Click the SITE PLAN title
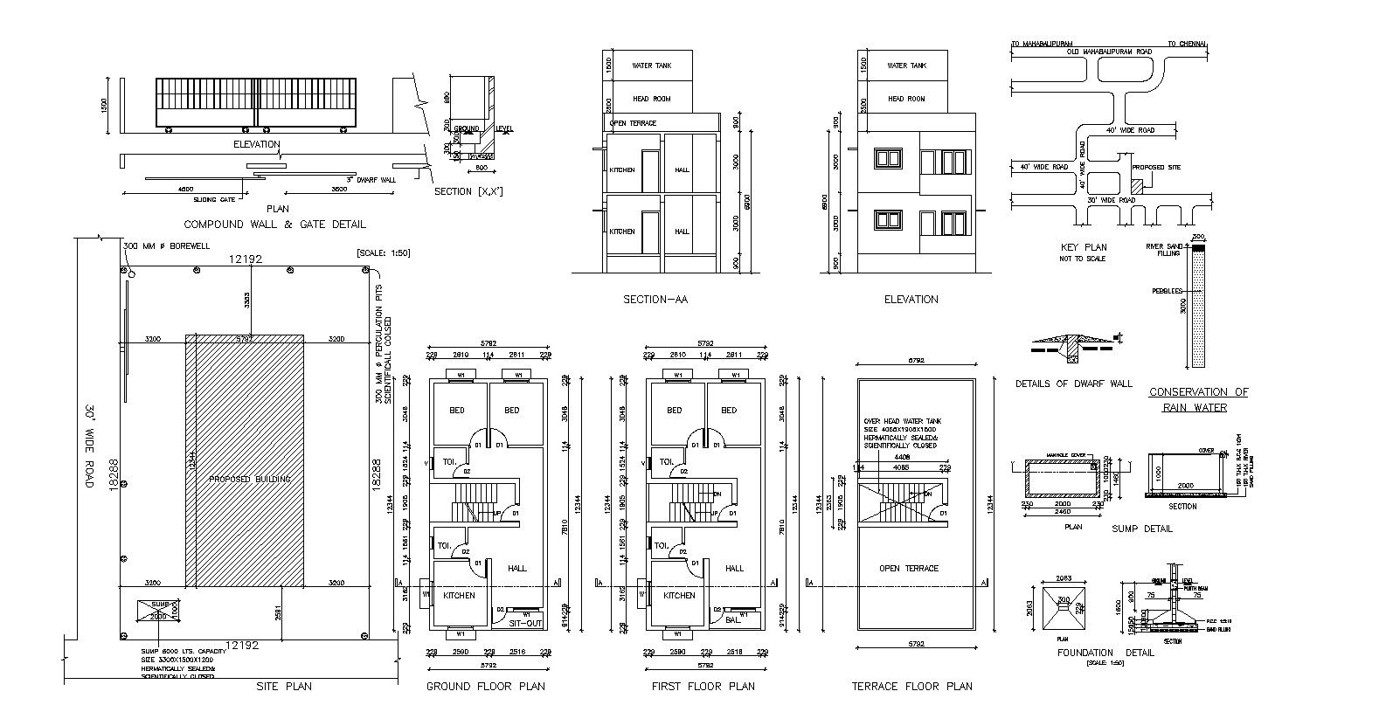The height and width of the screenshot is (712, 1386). (284, 687)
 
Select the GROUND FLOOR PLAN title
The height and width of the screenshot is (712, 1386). (485, 687)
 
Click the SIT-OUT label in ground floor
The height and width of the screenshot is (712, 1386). (525, 623)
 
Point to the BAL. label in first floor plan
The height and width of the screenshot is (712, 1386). (733, 620)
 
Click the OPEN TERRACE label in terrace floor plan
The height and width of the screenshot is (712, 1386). (909, 569)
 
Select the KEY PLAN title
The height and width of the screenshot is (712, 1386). (1083, 247)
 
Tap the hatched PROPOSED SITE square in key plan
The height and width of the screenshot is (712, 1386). (1137, 186)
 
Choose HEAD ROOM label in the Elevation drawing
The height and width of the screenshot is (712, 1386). (906, 99)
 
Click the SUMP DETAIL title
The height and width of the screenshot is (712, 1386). (1142, 529)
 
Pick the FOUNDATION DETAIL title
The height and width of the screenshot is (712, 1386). (1105, 653)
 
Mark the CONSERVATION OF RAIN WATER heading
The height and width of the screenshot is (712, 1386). (1198, 399)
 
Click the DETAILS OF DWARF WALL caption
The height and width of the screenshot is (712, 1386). (1073, 384)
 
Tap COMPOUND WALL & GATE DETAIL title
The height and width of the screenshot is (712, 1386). (274, 225)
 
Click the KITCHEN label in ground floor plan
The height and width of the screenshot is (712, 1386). (459, 596)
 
